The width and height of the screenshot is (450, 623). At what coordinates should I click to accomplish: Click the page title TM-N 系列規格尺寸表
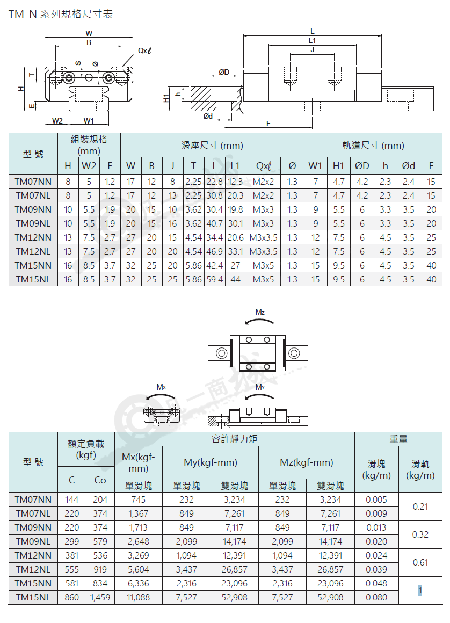click(61, 15)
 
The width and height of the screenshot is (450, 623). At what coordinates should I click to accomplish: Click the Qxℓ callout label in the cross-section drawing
click(144, 51)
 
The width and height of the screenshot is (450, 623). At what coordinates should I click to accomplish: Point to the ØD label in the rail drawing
click(224, 72)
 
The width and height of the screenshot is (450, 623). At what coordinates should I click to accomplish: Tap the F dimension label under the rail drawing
click(268, 124)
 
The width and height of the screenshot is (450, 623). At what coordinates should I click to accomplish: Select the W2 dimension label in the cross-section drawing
click(57, 121)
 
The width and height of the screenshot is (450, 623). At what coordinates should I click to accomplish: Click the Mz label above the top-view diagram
click(260, 312)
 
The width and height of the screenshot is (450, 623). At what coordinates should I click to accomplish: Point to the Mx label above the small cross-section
click(161, 387)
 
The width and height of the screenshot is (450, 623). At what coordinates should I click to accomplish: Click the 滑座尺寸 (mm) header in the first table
click(212, 146)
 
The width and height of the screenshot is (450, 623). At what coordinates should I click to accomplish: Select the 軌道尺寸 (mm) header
click(373, 146)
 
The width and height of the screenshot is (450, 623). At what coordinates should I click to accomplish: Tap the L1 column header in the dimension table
click(236, 165)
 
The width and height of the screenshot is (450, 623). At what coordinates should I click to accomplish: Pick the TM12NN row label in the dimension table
click(33, 237)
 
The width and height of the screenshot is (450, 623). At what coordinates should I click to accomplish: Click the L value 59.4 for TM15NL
click(214, 279)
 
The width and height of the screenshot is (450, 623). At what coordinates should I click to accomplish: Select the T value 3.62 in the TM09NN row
click(193, 209)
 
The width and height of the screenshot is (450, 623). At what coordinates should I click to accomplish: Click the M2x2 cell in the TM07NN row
click(263, 182)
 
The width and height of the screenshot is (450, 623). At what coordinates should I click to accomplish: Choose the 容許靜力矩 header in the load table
click(234, 439)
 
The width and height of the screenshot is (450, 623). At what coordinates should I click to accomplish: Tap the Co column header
click(100, 480)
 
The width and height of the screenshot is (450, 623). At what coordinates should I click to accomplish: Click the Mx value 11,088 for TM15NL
click(138, 597)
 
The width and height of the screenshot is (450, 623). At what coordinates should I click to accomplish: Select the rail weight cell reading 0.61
click(420, 562)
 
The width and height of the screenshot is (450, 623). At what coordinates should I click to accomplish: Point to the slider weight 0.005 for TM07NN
click(376, 499)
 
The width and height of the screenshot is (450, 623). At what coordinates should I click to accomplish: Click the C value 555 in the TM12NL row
click(72, 569)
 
